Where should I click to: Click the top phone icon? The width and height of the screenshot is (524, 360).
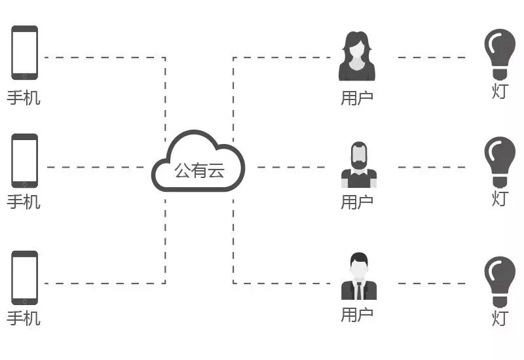coord(24,52)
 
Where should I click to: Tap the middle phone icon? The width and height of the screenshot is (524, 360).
coord(24,161)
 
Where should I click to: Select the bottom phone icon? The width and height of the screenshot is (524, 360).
coord(24,278)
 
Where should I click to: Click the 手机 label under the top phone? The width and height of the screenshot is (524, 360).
coord(24,98)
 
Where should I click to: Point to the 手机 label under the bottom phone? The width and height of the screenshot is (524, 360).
coord(24,319)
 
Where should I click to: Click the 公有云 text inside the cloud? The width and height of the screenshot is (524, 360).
coord(199,171)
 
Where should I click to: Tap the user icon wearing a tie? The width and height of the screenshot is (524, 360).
coord(358,277)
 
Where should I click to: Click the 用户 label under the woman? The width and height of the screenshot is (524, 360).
coord(357,98)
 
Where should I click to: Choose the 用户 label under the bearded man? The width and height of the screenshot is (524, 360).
coord(357,202)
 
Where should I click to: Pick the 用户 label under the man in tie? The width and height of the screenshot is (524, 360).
coord(357,315)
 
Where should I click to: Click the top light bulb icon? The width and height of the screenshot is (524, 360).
coord(499,52)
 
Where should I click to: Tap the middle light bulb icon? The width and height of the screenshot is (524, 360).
coord(499,161)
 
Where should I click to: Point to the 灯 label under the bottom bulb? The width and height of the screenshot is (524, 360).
coord(500,319)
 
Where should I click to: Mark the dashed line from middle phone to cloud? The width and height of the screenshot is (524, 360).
coord(98,167)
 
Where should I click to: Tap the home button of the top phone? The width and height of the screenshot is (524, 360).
coord(24,75)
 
